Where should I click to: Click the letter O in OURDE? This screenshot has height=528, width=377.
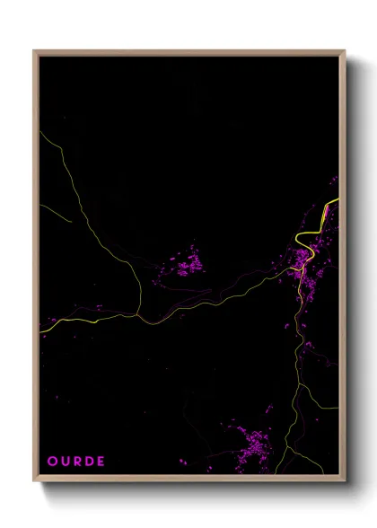click(52, 462)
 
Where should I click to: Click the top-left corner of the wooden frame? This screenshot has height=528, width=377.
click(34, 51)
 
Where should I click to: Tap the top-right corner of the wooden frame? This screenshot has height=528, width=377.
click(345, 51)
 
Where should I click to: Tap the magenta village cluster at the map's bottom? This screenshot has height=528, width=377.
click(251, 444)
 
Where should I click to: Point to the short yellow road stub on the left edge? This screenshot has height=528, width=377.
click(54, 213)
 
